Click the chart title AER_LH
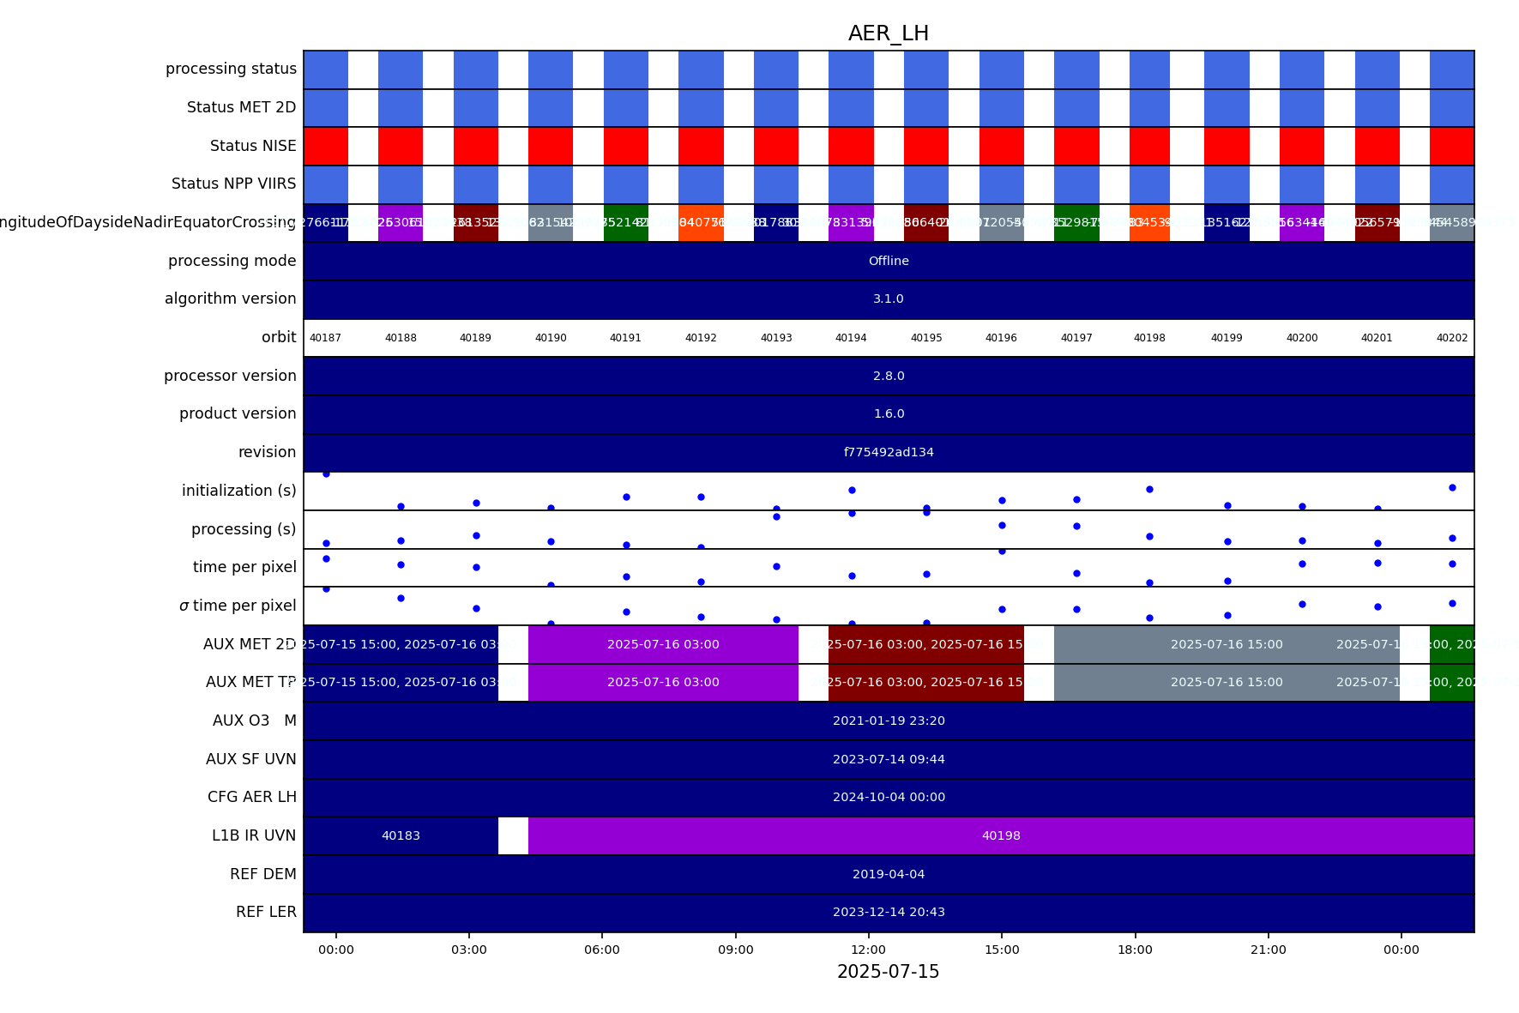[888, 33]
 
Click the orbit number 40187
[325, 338]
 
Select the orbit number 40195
[926, 338]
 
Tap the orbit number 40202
[1451, 338]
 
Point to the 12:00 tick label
[868, 950]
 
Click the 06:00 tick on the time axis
[602, 950]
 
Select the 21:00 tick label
[1268, 950]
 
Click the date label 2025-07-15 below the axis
[888, 972]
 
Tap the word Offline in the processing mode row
[888, 261]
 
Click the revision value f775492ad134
[888, 452]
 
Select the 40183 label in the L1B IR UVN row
[401, 835]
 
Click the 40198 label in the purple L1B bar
[1001, 835]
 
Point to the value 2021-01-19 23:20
[888, 721]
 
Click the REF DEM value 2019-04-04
[888, 874]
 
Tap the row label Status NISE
[253, 146]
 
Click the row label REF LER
[266, 912]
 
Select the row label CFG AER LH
[251, 797]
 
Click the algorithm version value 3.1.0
[888, 298]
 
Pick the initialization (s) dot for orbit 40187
[326, 473]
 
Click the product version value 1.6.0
[888, 413]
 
